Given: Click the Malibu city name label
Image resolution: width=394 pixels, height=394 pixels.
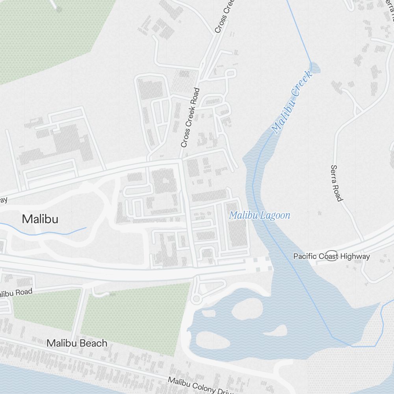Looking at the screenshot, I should tap(40, 219).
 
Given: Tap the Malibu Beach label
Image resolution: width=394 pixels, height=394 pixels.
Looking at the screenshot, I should tap(77, 343).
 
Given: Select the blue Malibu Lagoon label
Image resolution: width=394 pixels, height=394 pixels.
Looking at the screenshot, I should tap(260, 216).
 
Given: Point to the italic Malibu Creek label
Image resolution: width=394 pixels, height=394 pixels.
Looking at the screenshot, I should tap(292, 102).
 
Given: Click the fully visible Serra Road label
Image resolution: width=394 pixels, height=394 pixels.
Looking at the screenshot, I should tap(336, 183).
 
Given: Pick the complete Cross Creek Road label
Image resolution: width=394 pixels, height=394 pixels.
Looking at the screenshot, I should tap(190, 117).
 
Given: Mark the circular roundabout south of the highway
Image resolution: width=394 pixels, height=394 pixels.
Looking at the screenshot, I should tap(196, 299).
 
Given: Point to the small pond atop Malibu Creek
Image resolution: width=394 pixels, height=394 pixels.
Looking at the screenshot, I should tap(315, 68).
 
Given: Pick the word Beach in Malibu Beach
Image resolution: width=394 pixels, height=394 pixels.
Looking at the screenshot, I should tap(93, 343).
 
